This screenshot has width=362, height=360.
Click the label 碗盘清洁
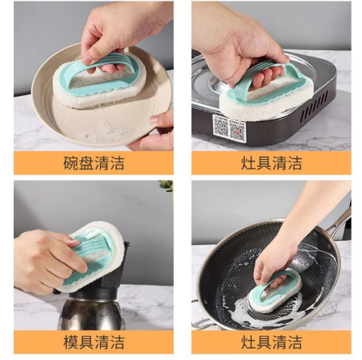94,164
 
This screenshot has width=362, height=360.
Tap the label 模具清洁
94,342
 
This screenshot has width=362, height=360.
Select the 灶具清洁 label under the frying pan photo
271,342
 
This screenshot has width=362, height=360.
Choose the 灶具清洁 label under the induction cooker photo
271,164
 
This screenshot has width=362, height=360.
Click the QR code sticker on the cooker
229,127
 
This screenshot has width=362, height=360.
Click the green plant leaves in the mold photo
166,186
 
